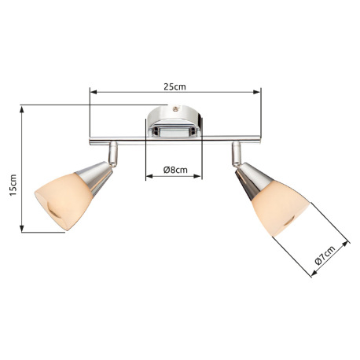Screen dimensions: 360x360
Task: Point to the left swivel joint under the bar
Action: [x=114, y=148]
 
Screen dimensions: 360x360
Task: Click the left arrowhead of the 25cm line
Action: [x=93, y=91]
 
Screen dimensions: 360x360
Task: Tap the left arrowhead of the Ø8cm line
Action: [x=149, y=178]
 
